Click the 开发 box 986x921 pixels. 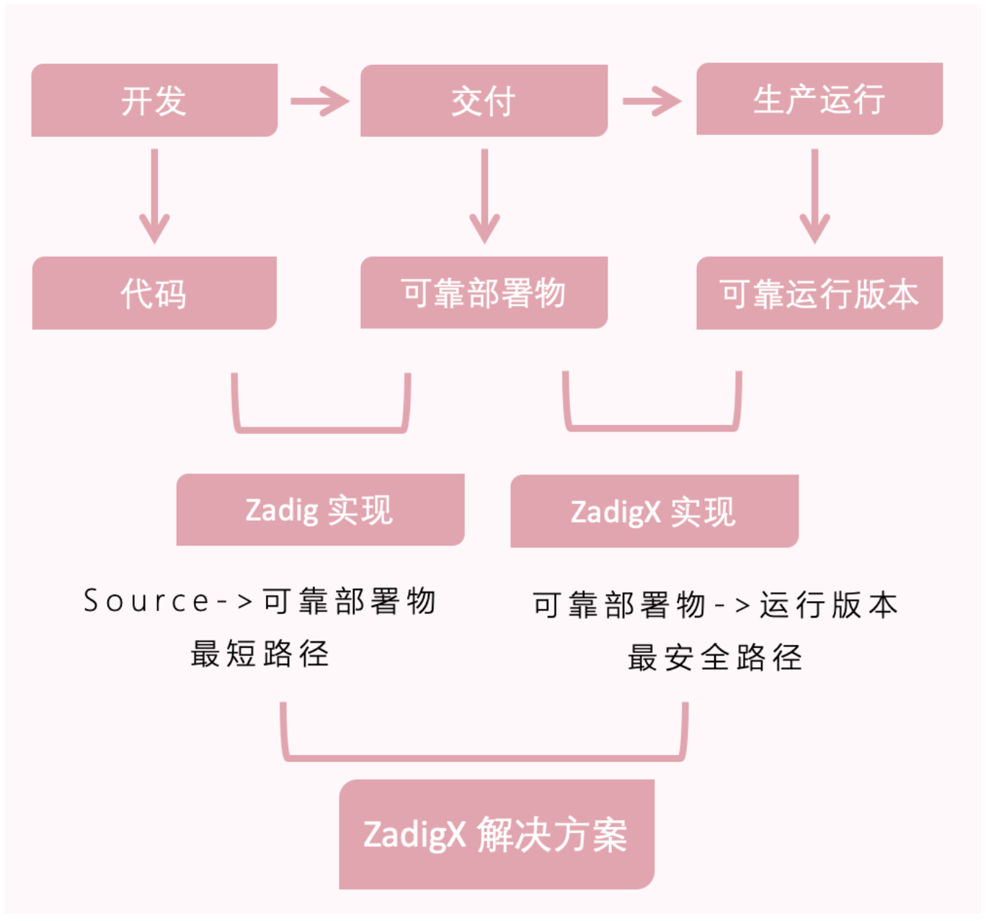click(154, 99)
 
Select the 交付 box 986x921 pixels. click(484, 100)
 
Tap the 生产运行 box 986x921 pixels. click(820, 98)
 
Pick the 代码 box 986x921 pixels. click(154, 293)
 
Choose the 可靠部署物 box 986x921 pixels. click(484, 293)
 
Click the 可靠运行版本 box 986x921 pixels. click(820, 293)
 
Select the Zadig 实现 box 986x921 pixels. click(320, 510)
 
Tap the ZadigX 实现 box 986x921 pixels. click(654, 511)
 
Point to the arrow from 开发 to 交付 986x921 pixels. click(320, 102)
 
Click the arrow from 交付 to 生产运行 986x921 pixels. click(652, 102)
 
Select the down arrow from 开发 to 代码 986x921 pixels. click(154, 196)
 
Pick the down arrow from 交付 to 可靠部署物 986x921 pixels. click(484, 196)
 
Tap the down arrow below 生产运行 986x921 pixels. click(814, 196)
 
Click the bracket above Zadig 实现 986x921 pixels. click(321, 430)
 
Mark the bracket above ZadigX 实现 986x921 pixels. click(652, 428)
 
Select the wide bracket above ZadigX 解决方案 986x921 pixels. click(484, 758)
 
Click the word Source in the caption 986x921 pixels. click(146, 601)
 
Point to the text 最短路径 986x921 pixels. click(260, 654)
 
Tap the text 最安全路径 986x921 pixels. click(715, 657)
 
